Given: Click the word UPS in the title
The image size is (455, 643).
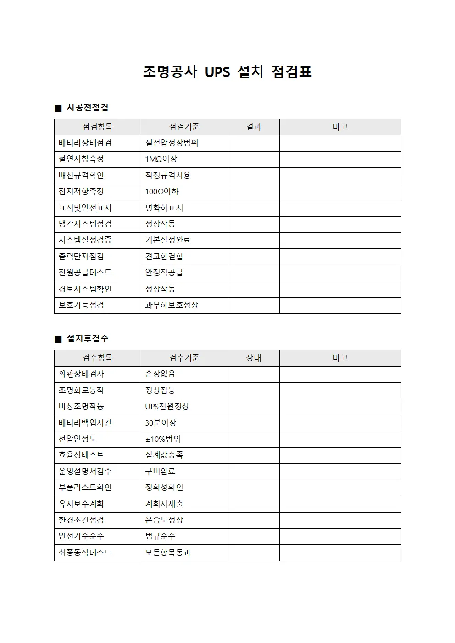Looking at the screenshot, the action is click(x=217, y=72).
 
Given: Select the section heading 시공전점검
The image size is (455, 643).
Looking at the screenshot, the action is click(x=88, y=108).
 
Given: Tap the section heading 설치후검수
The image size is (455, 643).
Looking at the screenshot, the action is click(x=88, y=339).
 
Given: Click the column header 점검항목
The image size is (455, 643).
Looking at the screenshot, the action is click(x=97, y=127).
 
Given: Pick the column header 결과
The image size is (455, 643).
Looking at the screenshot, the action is click(x=253, y=127).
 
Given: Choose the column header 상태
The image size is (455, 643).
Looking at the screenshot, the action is click(x=253, y=358).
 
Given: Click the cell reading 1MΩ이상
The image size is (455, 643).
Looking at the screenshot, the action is click(x=161, y=159).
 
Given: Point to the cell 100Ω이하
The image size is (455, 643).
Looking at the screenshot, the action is click(x=162, y=192).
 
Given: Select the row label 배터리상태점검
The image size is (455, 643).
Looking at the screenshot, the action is click(x=85, y=143).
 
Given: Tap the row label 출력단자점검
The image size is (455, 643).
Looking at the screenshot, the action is click(x=81, y=257).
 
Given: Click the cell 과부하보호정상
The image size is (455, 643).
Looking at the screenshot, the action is click(x=172, y=305).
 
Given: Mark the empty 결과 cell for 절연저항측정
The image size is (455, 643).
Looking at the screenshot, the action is click(x=253, y=159).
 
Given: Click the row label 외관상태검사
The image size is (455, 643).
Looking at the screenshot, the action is click(x=81, y=374).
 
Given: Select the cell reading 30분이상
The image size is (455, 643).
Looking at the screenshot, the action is click(x=161, y=423).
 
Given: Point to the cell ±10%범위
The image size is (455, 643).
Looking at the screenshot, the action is click(x=163, y=439).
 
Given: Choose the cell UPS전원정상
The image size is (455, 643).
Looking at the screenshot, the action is click(x=167, y=407).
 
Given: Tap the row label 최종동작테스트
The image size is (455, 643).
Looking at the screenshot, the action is click(x=85, y=553).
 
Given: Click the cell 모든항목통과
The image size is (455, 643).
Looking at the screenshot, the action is click(x=168, y=553).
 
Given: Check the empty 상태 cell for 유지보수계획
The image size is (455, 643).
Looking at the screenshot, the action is click(x=253, y=504).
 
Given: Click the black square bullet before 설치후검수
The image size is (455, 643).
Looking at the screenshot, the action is click(x=58, y=339).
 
